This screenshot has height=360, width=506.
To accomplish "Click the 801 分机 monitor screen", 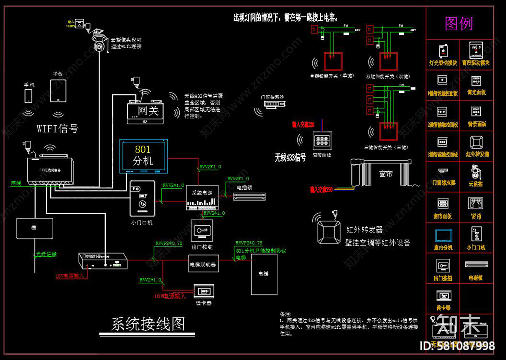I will pyautogui.click(x=143, y=156).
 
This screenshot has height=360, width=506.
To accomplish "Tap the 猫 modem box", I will pyautogui.click(x=35, y=228).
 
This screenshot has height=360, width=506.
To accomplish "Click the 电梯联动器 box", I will pyautogui.click(x=203, y=265).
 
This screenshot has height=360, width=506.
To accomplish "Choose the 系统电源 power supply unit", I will pyautogui.click(x=202, y=198).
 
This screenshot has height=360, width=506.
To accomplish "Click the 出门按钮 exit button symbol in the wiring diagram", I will pyautogui.click(x=202, y=230).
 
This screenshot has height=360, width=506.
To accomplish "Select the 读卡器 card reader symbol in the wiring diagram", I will pyautogui.click(x=204, y=291).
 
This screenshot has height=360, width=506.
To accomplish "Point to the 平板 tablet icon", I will pyautogui.click(x=58, y=91).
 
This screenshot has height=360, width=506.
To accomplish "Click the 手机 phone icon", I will pyautogui.click(x=28, y=96).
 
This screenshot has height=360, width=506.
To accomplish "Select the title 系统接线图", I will pyautogui.click(x=148, y=324).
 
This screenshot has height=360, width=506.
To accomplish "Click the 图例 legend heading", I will pyautogui.click(x=458, y=24).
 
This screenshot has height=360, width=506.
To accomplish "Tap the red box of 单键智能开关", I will pyautogui.click(x=333, y=61).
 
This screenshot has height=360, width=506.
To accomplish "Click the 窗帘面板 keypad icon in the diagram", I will pyautogui.click(x=322, y=141).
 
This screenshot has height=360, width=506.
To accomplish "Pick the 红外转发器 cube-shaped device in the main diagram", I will pyautogui.click(x=329, y=232).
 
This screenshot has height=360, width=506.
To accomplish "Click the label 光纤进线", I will pyautogui.click(x=46, y=254).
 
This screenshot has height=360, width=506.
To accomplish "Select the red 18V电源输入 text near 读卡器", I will pyautogui.click(x=170, y=296).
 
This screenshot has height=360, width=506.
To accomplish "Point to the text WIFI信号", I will pyautogui.click(x=57, y=129).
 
